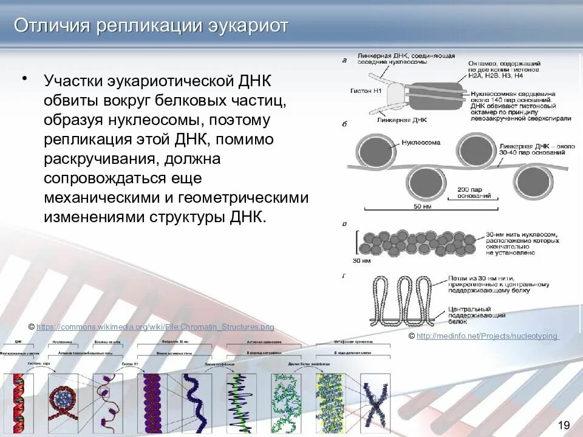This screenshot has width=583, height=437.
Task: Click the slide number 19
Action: pos(564,424)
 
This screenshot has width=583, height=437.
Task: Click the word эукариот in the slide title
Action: pos(250,25)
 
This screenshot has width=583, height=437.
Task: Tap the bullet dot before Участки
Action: pos(24,79)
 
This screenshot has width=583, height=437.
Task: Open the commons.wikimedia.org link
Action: pos(155,327)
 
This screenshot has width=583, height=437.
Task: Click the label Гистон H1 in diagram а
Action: pos(366,90)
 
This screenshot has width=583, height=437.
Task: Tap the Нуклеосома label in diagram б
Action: pos(421,143)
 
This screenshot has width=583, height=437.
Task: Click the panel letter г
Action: pos(344,276)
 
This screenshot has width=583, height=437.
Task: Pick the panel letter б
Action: pos(344,124)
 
